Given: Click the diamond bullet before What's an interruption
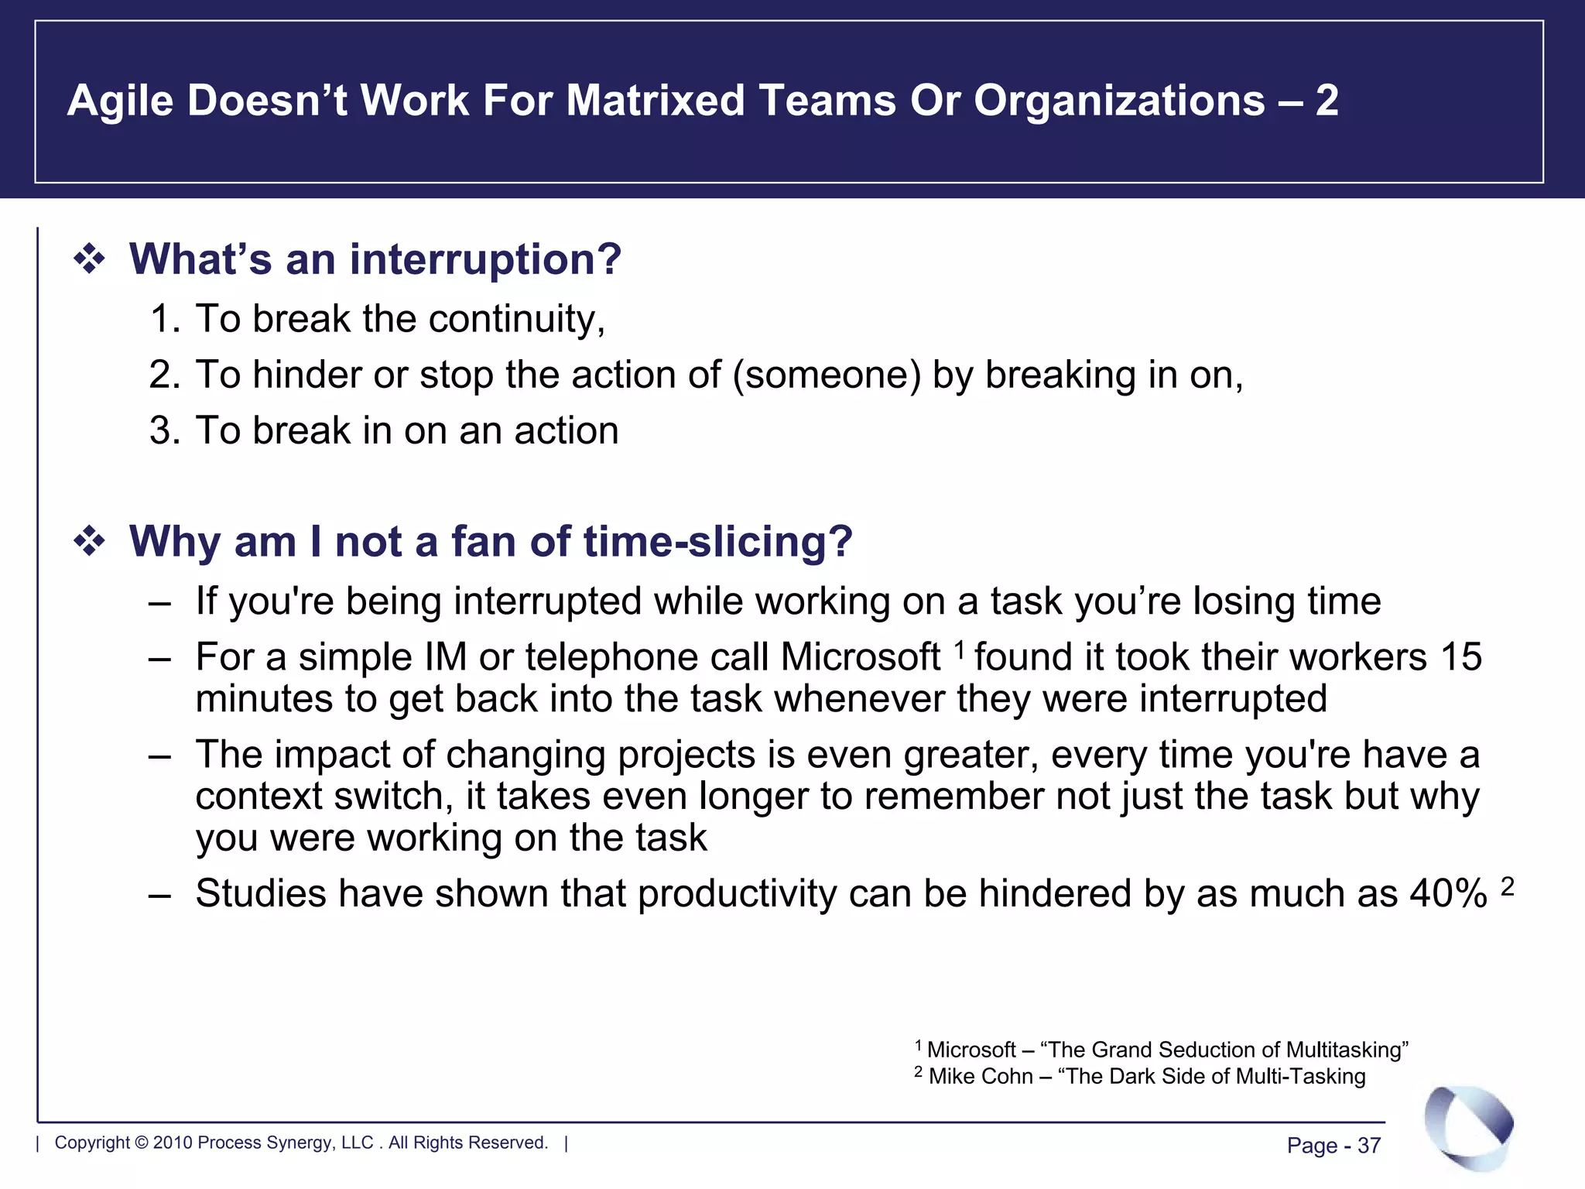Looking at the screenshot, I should [89, 259].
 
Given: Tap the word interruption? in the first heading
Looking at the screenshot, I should [485, 259].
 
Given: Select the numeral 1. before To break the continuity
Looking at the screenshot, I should [164, 320].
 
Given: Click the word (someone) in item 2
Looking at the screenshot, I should [827, 375].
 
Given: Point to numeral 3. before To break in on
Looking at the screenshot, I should [164, 431].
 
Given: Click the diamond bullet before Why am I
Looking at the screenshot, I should [89, 542].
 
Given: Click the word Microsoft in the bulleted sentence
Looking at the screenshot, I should [861, 658].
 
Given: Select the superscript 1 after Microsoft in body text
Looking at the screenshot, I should [959, 649].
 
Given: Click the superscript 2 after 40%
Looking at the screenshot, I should [1507, 886].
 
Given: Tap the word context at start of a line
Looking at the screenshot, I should [258, 797].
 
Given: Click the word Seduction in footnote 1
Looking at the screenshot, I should [1207, 1050].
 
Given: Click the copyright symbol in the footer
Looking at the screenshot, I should [141, 1143].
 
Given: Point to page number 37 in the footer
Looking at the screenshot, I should [1369, 1146].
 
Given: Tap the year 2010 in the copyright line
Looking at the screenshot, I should [173, 1143].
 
